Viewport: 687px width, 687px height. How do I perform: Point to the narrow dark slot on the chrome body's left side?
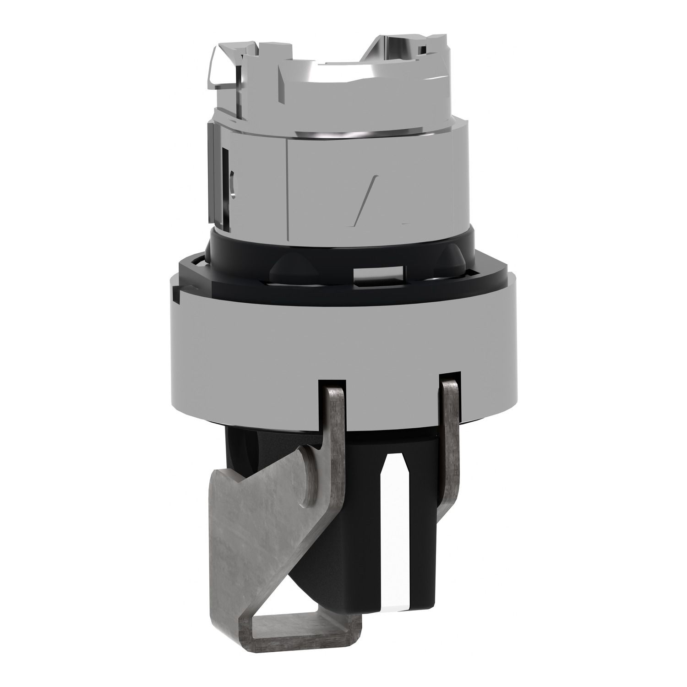tap(226, 169)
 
